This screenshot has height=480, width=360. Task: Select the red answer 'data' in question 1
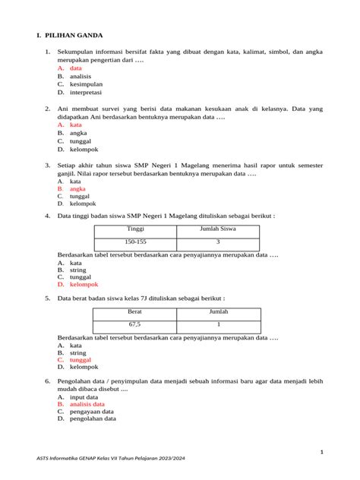(75, 68)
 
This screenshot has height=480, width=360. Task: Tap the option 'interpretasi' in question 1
(85, 93)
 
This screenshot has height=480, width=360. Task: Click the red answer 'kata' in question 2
(75, 125)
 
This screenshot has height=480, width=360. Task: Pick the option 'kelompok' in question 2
(83, 150)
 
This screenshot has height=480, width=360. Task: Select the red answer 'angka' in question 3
(77, 189)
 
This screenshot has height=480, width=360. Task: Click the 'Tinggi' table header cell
(135, 228)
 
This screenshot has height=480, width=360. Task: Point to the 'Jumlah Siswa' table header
(217, 228)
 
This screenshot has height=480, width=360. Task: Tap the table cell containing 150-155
(135, 242)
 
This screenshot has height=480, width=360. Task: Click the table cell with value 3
(217, 242)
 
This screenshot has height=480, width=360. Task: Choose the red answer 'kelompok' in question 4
(84, 285)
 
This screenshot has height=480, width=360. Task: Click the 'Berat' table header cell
(135, 312)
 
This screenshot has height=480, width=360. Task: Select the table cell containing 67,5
(135, 325)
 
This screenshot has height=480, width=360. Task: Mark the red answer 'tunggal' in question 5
(81, 360)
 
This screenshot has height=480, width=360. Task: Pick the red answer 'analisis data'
(87, 404)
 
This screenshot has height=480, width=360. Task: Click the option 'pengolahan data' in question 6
(93, 418)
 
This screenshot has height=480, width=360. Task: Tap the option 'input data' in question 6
(84, 396)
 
